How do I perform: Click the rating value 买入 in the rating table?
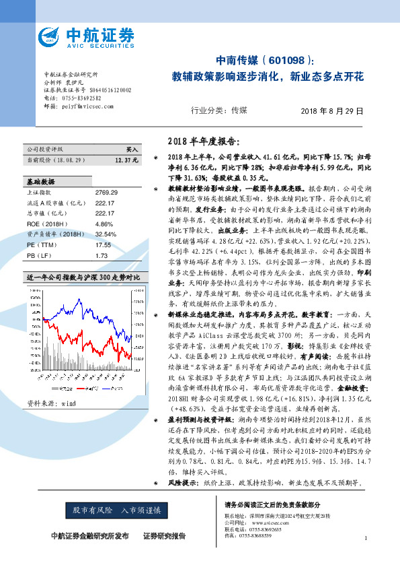pos(132,149)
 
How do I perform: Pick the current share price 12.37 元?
pos(126,160)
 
